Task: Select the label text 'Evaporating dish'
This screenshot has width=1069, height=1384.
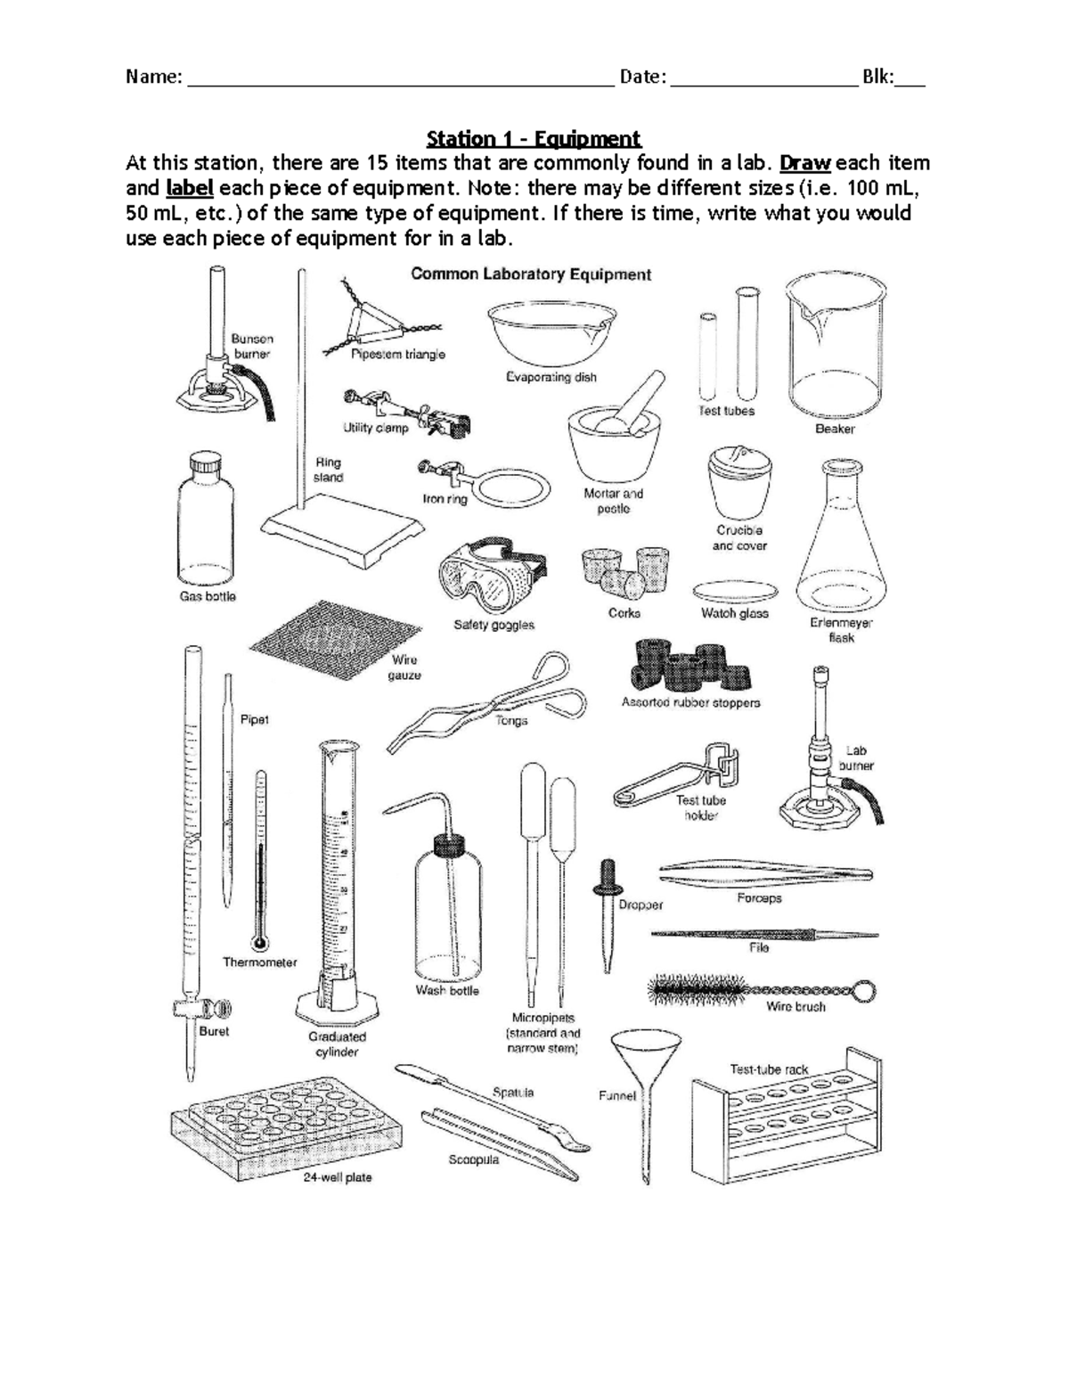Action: (x=551, y=377)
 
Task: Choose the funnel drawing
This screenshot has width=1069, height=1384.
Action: (x=647, y=1087)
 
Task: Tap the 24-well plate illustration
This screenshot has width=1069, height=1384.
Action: (x=269, y=1126)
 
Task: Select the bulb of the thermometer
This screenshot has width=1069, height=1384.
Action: (x=260, y=942)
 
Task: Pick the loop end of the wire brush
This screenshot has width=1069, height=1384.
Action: (x=862, y=988)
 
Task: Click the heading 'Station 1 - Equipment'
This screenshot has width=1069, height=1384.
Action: (x=534, y=138)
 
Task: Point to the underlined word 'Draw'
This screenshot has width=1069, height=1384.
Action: (x=805, y=163)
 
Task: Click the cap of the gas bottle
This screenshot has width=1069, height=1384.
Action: (x=204, y=464)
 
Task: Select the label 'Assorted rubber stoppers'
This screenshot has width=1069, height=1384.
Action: (x=690, y=702)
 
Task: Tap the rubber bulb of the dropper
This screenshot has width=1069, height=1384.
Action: (x=608, y=874)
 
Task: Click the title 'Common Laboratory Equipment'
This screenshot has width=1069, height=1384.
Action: (x=531, y=274)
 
